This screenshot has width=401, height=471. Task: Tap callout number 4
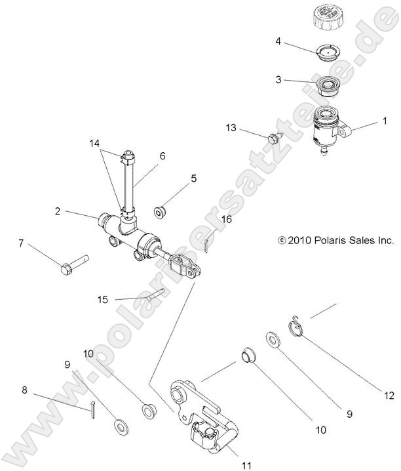[278, 41]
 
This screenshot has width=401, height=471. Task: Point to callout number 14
[94, 142]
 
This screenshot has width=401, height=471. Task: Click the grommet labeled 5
[160, 212]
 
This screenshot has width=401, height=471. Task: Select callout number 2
[58, 212]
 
